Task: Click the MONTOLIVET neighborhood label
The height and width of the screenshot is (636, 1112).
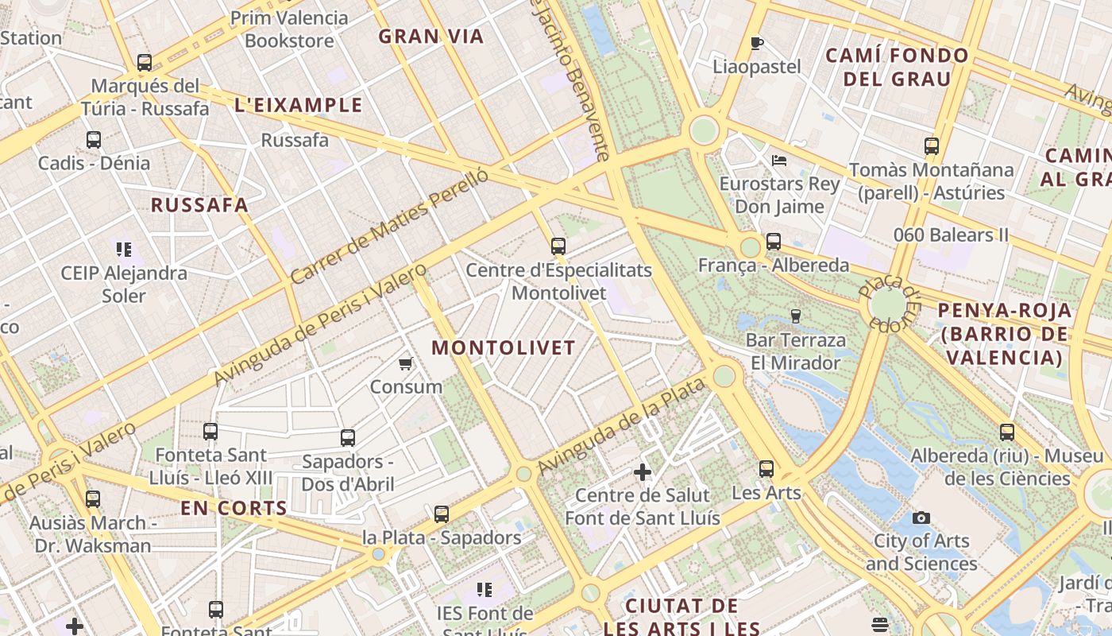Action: tap(504, 348)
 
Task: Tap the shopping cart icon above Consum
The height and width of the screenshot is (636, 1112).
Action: tap(406, 364)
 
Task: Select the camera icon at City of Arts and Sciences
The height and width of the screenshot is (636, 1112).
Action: tap(921, 518)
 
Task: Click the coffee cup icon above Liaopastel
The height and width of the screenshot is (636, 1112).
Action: tap(757, 43)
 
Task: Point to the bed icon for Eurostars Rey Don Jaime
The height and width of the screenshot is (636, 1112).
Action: tap(779, 160)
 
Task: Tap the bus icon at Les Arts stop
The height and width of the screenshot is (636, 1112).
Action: tap(766, 469)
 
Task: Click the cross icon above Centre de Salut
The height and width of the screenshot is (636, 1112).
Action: tap(643, 473)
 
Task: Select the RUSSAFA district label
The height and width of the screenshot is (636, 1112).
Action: tap(200, 205)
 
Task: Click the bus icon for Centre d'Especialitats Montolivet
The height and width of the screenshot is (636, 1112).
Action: tap(558, 246)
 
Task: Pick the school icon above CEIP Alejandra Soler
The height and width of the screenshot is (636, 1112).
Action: tap(124, 250)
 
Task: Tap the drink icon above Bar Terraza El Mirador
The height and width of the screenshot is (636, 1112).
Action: tap(795, 316)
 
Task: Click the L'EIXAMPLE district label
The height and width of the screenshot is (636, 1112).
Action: tap(299, 105)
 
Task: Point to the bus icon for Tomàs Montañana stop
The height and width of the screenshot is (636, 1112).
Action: tap(932, 146)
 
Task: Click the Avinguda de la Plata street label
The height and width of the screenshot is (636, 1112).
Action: tap(621, 426)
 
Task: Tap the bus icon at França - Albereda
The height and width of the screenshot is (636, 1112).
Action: tap(774, 242)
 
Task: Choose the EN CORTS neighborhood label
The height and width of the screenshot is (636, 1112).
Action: tap(234, 509)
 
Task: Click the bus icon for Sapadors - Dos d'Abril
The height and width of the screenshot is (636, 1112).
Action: tap(348, 438)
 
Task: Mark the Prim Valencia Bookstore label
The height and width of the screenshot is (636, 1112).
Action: tap(289, 29)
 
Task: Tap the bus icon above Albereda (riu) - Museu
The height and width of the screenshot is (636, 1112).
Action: tap(1007, 432)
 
